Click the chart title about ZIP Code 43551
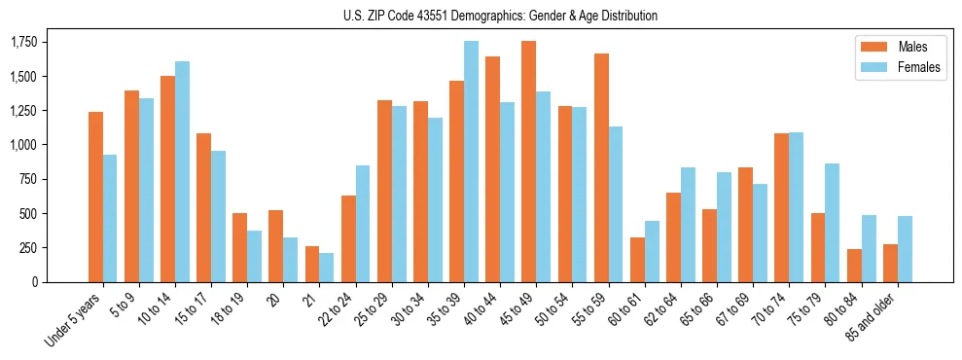(x=500, y=16)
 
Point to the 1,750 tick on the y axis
(x=23, y=42)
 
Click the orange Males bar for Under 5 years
(x=95, y=197)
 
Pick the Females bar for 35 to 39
(x=471, y=162)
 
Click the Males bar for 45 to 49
(x=528, y=162)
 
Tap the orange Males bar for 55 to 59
(x=601, y=167)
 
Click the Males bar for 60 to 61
(x=637, y=260)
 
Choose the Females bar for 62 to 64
(x=688, y=225)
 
